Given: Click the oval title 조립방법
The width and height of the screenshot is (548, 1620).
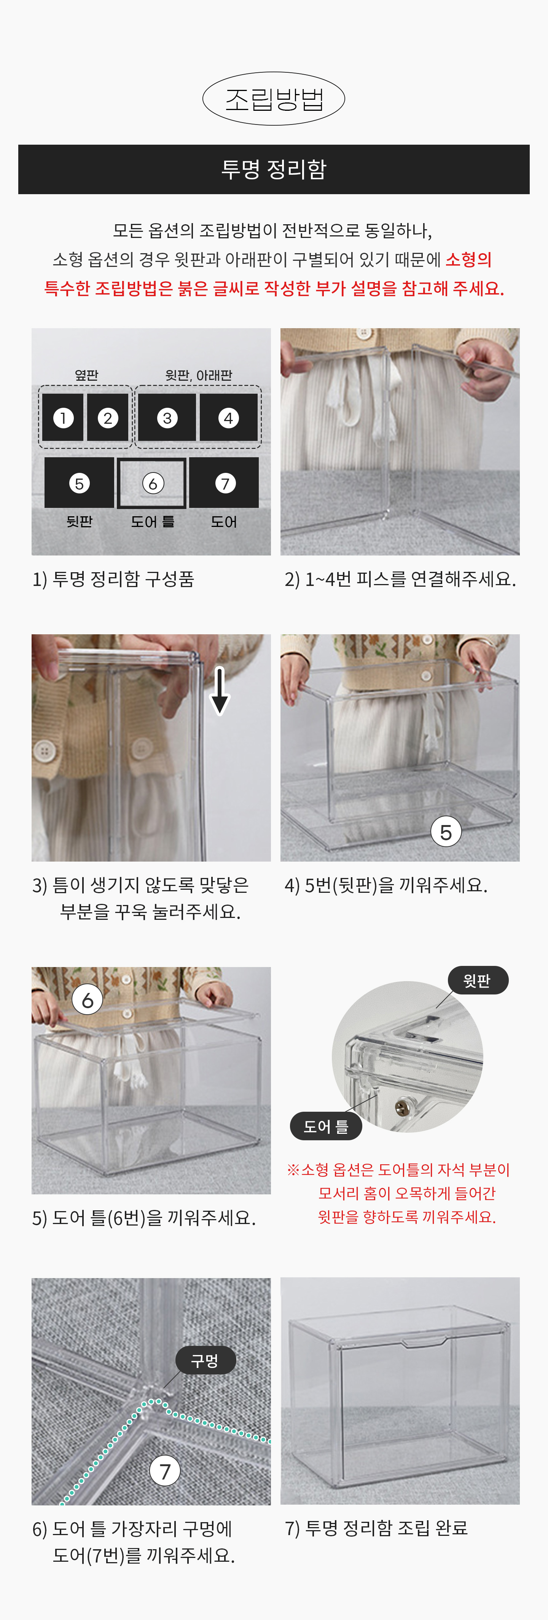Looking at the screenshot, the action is (x=273, y=99).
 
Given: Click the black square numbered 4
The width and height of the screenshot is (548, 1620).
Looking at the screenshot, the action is (x=228, y=418).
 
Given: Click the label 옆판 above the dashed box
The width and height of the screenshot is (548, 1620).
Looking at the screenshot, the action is (x=87, y=375).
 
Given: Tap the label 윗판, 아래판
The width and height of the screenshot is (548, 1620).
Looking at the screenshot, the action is (x=199, y=375).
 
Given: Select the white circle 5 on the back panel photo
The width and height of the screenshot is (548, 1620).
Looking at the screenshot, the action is (x=446, y=832).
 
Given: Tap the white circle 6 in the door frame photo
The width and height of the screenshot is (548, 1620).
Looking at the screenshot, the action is (x=88, y=1000).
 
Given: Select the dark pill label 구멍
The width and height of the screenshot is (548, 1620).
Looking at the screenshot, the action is (x=205, y=1360).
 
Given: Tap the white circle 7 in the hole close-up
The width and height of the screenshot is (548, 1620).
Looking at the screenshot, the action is (x=165, y=1471).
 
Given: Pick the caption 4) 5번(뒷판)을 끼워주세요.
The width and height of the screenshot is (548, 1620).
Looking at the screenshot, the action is (x=386, y=885).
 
